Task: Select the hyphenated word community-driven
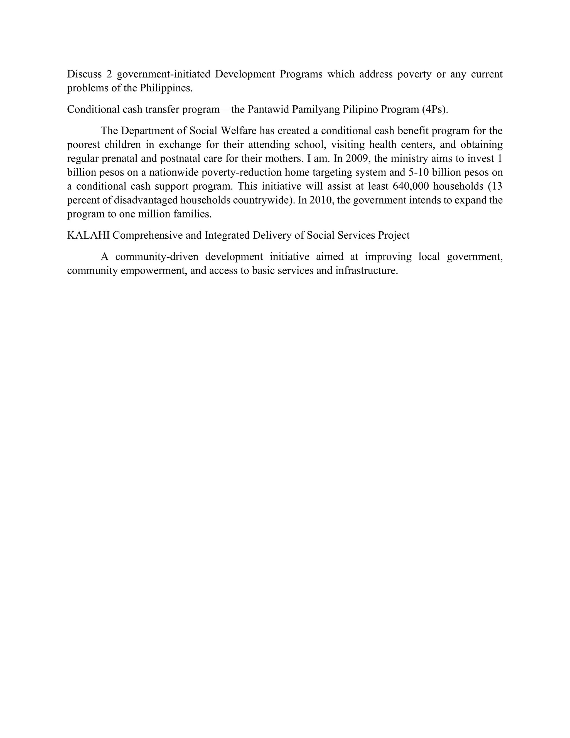(157, 257)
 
